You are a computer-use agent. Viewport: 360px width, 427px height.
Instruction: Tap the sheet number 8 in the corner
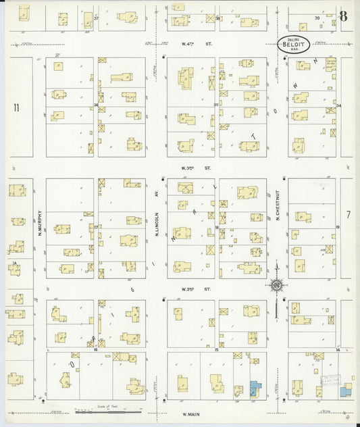[344, 16]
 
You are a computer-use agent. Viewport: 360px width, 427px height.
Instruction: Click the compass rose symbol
[277, 285]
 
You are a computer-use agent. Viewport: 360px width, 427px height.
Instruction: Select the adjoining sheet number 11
[16, 107]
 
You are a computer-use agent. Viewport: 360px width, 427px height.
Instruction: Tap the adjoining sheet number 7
[349, 214]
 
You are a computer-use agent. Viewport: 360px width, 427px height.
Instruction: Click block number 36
[97, 105]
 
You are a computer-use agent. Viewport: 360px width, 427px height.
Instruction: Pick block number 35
[216, 105]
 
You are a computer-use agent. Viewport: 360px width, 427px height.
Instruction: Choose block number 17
[97, 226]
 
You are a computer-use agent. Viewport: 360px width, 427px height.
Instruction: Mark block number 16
[97, 349]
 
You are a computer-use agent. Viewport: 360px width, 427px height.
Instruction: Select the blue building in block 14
[346, 390]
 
